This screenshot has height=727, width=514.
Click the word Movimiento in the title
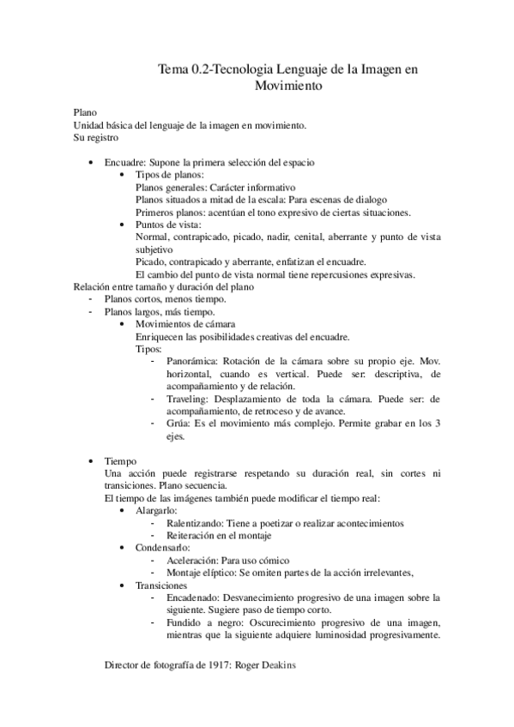pyautogui.click(x=287, y=86)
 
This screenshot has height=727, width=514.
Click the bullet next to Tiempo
pyautogui.click(x=92, y=460)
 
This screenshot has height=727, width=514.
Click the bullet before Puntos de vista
pyautogui.click(x=126, y=225)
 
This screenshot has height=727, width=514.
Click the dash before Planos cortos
pyautogui.click(x=91, y=299)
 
